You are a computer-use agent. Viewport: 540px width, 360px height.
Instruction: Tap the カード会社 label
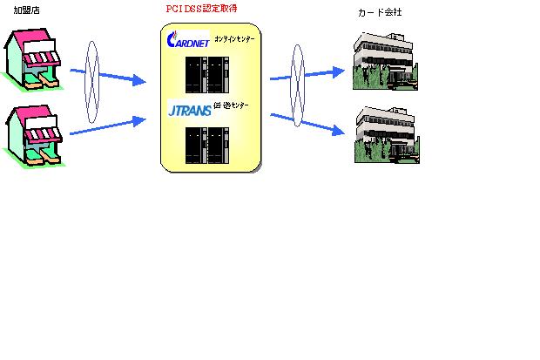[x=380, y=14]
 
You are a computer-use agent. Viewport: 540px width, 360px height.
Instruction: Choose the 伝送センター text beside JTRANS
[x=230, y=106]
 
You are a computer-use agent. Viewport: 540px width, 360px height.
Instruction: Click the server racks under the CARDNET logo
[x=206, y=75]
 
